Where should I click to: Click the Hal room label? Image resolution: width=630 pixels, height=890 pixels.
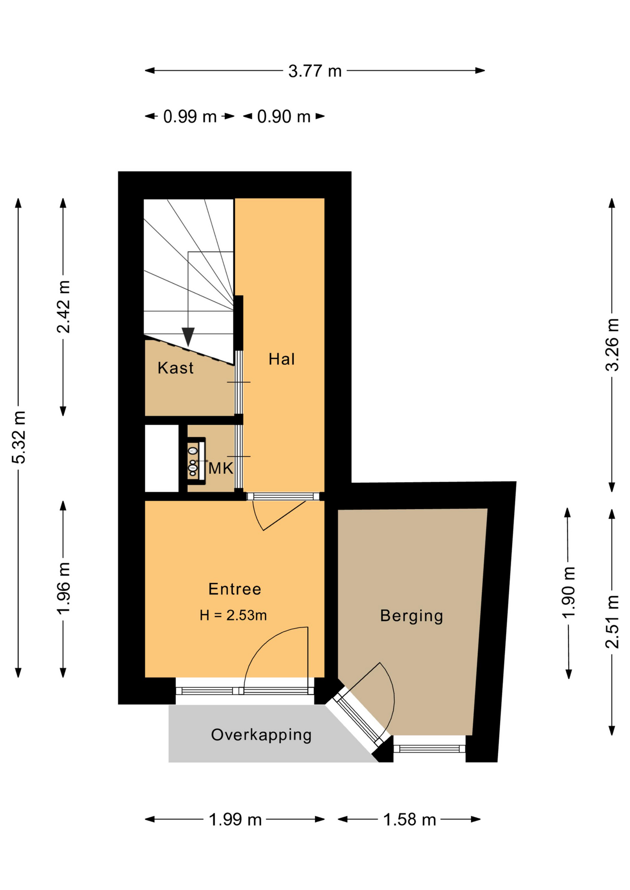click(282, 359)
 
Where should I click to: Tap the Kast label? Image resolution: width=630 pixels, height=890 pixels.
click(175, 368)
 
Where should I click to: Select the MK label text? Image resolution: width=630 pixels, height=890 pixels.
click(220, 469)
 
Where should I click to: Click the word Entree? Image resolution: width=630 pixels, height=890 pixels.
click(235, 589)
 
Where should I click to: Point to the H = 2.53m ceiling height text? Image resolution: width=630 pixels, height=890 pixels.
click(233, 615)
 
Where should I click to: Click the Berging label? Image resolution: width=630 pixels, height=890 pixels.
click(411, 616)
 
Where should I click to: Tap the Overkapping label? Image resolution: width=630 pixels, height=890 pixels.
click(261, 735)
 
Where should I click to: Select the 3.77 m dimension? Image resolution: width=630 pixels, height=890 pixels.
click(315, 71)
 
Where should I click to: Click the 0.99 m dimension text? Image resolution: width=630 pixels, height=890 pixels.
click(190, 116)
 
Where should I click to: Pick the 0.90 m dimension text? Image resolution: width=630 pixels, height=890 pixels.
click(284, 116)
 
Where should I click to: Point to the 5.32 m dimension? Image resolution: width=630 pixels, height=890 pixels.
click(19, 437)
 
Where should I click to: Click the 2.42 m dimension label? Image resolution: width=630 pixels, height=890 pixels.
click(64, 306)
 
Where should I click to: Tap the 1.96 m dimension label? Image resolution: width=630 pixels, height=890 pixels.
click(64, 588)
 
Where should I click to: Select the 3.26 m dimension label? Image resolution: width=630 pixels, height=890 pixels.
click(612, 344)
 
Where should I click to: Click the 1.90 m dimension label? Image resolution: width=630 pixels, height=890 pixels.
click(569, 592)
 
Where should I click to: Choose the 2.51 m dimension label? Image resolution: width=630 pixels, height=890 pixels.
click(612, 622)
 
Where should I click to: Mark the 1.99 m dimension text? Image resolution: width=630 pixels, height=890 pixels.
click(235, 820)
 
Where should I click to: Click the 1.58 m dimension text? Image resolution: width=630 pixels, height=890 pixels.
click(410, 820)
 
